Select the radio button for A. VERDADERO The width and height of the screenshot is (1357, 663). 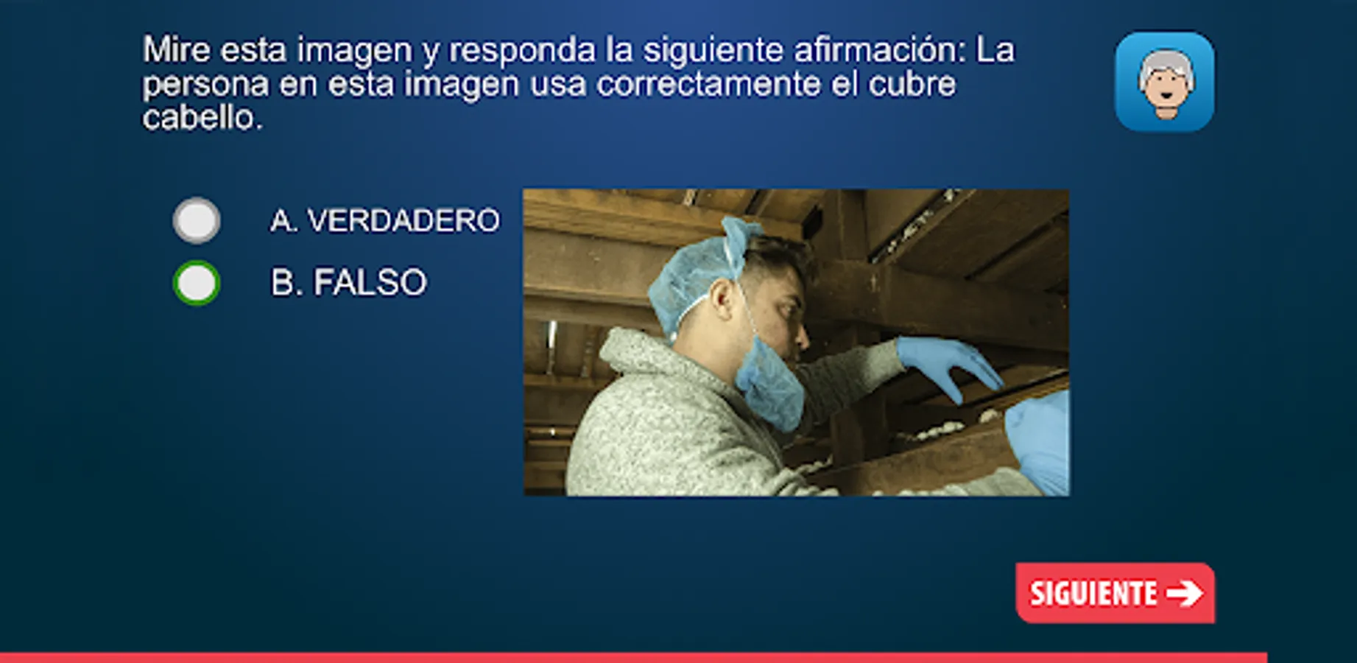pyautogui.click(x=197, y=220)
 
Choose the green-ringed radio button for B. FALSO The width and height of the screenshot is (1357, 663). pyautogui.click(x=197, y=283)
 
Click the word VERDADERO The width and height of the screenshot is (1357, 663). pyautogui.click(x=403, y=220)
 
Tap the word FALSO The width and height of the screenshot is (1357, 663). pyautogui.click(x=370, y=282)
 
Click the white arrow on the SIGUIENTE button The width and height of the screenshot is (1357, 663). pyautogui.click(x=1185, y=593)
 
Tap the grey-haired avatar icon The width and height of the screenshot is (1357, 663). pyautogui.click(x=1165, y=82)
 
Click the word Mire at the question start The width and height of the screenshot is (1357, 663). pyautogui.click(x=177, y=50)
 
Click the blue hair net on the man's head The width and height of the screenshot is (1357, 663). pyautogui.click(x=700, y=273)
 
